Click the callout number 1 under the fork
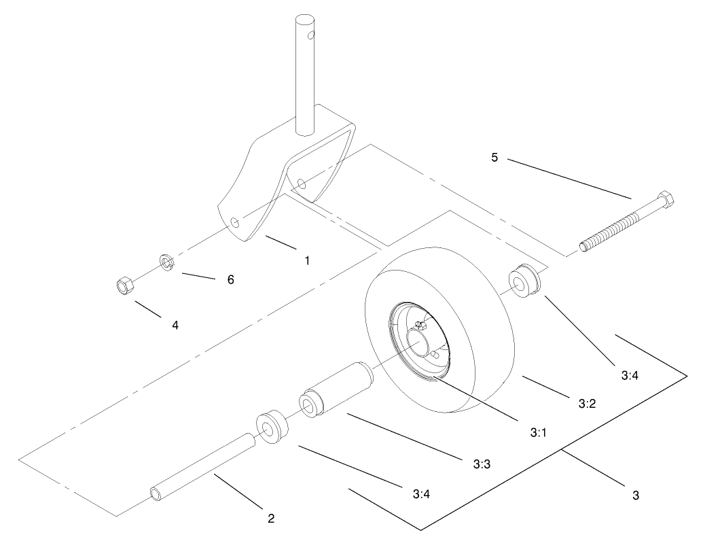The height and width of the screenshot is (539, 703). [x=307, y=260]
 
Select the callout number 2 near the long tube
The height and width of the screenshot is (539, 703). [x=271, y=519]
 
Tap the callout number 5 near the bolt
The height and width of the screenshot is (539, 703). [x=494, y=158]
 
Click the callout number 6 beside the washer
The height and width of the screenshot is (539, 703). [x=230, y=279]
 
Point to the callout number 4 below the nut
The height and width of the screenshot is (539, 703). [x=175, y=326]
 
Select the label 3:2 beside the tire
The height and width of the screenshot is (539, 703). [x=587, y=403]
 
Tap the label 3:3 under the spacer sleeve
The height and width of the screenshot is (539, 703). [x=482, y=464]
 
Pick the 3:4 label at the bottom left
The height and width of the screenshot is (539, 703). [x=420, y=493]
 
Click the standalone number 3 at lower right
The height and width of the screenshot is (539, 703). [x=635, y=495]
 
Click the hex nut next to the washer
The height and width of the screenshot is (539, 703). [x=124, y=285]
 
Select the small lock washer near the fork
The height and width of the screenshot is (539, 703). [x=167, y=262]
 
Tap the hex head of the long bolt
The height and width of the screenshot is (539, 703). [x=665, y=201]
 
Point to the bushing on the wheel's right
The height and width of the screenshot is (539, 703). [x=526, y=281]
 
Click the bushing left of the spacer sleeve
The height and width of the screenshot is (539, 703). [x=272, y=427]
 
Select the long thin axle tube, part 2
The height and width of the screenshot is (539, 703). [x=203, y=469]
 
